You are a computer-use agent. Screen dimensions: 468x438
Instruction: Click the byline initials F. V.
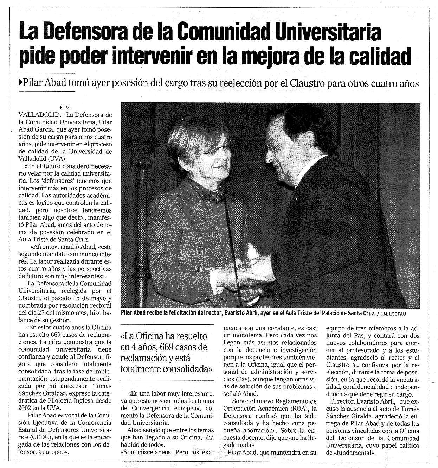(65, 108)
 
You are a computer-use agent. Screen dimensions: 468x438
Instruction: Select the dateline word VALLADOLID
(36, 115)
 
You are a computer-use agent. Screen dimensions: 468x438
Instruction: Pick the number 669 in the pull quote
(169, 347)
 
